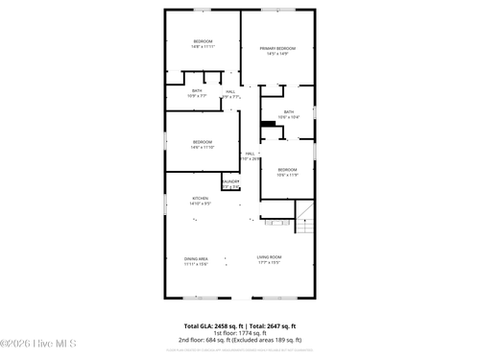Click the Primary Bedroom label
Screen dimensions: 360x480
277,48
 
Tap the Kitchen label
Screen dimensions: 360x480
200,201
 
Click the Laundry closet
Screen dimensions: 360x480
230,183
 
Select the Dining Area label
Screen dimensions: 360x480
197,259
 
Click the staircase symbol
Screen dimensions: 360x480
304,220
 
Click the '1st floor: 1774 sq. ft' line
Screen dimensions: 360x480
240,332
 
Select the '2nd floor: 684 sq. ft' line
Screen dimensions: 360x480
240,340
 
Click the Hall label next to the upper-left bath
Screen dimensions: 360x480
230,93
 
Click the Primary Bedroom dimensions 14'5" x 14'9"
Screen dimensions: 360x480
277,54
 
